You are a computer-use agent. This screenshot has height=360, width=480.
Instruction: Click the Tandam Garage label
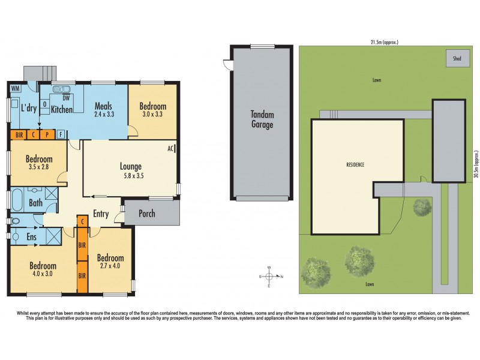[262, 120]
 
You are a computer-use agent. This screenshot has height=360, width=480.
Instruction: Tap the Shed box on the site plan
[457, 59]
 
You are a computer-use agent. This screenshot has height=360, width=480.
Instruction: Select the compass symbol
[269, 277]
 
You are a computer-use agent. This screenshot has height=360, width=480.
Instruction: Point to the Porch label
[147, 213]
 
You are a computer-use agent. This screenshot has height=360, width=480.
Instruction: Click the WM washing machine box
[15, 89]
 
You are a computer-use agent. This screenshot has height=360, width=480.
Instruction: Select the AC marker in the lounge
[170, 148]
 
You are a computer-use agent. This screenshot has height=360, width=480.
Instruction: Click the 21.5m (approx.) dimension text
[384, 42]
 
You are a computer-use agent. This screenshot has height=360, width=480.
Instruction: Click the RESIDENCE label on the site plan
[356, 164]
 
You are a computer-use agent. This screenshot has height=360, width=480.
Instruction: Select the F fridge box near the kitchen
[61, 134]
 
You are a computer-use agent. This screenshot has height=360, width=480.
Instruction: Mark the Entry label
[101, 214]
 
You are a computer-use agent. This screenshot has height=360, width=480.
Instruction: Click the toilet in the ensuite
[16, 236]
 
